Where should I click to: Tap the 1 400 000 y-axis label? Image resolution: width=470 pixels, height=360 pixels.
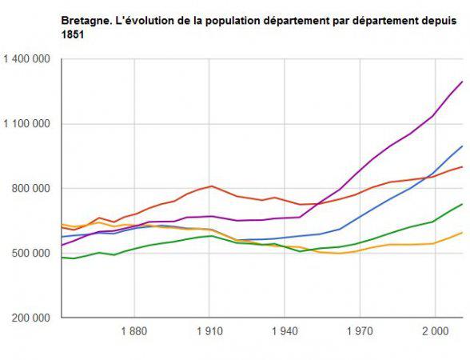(x=27, y=59)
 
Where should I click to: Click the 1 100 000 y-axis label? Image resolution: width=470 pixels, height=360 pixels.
(x=27, y=124)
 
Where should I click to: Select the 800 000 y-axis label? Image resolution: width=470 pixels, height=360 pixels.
(x=32, y=189)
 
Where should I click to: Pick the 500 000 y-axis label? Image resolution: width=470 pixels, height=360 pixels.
(x=32, y=254)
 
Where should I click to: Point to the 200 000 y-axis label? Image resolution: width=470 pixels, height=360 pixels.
(x=32, y=318)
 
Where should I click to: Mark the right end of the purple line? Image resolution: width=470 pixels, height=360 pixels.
(x=463, y=82)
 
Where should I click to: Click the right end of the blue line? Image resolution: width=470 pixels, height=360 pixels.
(x=463, y=146)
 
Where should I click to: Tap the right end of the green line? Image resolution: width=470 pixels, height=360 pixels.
(x=463, y=204)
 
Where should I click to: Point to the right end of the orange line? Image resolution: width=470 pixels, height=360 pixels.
(x=463, y=233)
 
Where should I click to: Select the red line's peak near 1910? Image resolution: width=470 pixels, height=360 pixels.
(x=211, y=186)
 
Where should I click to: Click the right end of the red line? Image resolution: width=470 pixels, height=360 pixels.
(x=463, y=167)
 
